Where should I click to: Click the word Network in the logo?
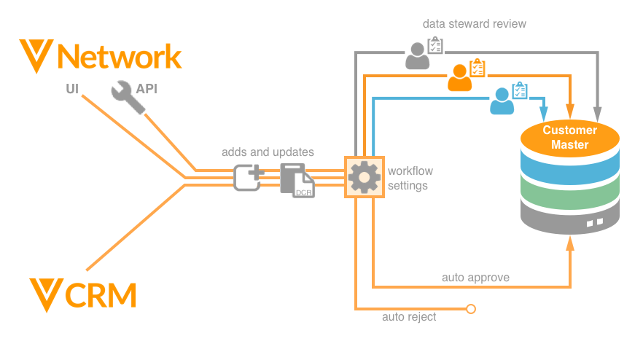click(x=118, y=57)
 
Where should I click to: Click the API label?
click(x=146, y=89)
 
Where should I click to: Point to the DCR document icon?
click(x=297, y=180)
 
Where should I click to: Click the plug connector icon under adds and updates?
click(x=248, y=177)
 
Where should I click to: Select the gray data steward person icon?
click(x=418, y=55)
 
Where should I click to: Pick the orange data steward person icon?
click(x=460, y=77)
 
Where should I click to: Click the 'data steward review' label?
click(x=474, y=24)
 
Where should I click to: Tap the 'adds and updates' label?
click(x=268, y=152)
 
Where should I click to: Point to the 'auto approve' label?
click(x=475, y=278)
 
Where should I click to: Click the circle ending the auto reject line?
click(x=470, y=309)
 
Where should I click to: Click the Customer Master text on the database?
click(x=569, y=138)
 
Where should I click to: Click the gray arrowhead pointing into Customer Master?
click(x=598, y=114)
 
